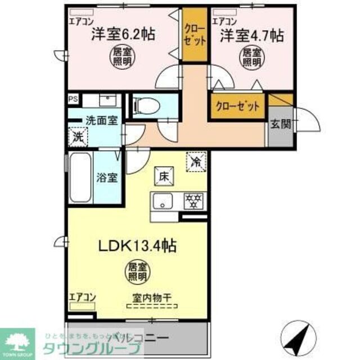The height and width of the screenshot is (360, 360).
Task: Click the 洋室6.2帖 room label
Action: (123, 34)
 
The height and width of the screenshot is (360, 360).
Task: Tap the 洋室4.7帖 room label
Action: (251, 35)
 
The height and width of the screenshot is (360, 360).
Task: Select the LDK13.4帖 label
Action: (139, 246)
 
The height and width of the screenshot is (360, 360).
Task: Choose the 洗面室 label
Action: (101, 120)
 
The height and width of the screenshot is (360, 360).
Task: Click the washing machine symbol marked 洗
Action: (77, 136)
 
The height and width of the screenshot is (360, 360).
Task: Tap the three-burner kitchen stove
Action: (194, 200)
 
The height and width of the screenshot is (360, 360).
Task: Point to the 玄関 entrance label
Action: (279, 124)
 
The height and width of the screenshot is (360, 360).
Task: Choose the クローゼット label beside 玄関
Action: (237, 106)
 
